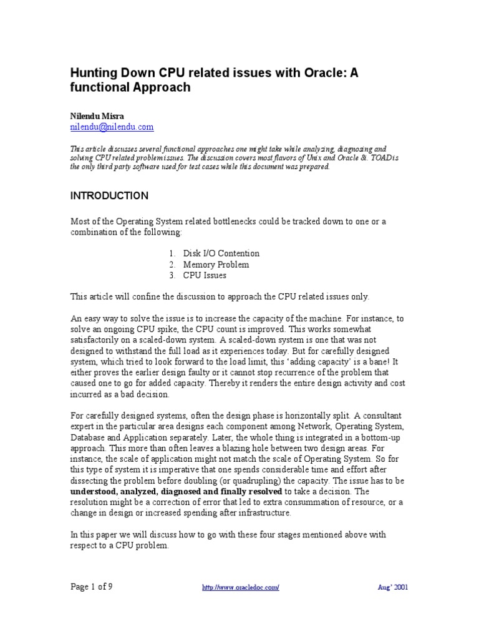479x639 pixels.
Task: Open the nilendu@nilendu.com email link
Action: coord(112,127)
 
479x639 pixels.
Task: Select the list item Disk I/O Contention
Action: coord(221,253)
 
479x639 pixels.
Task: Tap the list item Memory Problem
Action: coord(216,265)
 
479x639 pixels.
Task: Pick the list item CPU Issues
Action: coord(205,275)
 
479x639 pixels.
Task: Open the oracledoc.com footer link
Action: coord(241,588)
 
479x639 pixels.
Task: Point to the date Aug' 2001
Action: coord(393,588)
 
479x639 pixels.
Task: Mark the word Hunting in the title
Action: coord(94,72)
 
